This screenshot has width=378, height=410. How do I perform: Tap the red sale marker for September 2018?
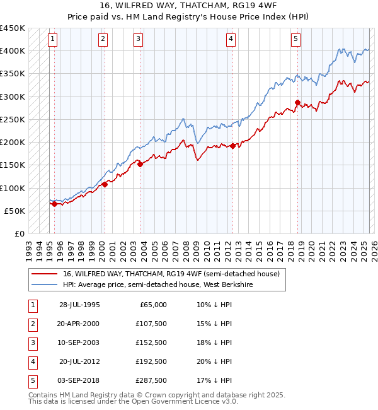pos(297,102)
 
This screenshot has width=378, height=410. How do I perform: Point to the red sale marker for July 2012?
pos(232,146)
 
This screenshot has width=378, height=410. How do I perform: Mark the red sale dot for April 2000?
pos(105,184)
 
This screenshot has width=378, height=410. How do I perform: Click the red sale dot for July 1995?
pos(55,204)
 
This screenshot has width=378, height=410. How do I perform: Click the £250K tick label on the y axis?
pos(13,119)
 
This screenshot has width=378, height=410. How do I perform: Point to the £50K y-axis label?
pos(14,211)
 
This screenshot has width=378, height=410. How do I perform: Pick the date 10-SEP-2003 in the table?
pos(79,343)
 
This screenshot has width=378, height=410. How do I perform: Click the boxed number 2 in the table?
pos(32,324)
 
